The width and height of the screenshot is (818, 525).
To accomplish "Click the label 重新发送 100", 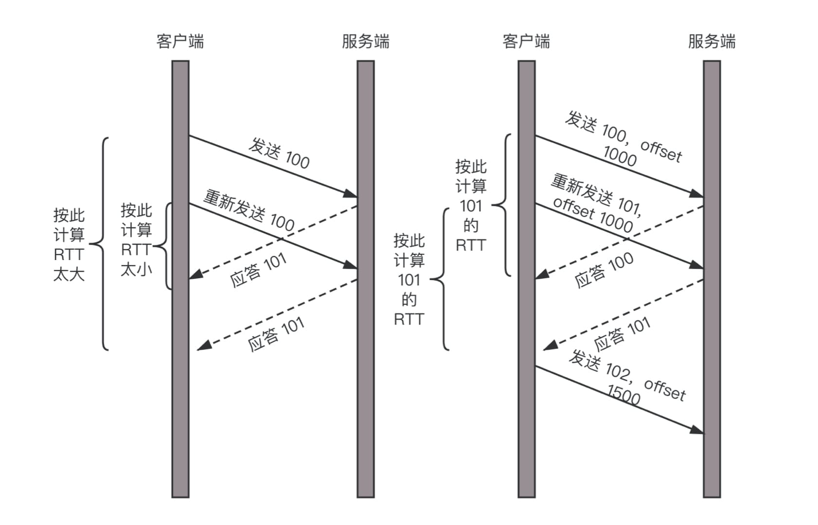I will (x=249, y=210).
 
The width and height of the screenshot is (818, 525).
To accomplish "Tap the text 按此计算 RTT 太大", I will (x=69, y=245).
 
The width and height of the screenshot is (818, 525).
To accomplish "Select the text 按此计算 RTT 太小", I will (x=136, y=240).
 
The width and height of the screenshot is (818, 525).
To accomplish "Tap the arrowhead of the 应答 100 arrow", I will (x=542, y=275).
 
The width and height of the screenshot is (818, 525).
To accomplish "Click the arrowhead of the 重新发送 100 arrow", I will (x=350, y=265).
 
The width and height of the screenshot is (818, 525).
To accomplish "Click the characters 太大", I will (x=69, y=274).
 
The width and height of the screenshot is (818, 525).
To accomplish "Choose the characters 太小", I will (x=136, y=269).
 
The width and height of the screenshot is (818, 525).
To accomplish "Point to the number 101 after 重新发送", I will (x=629, y=207).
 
